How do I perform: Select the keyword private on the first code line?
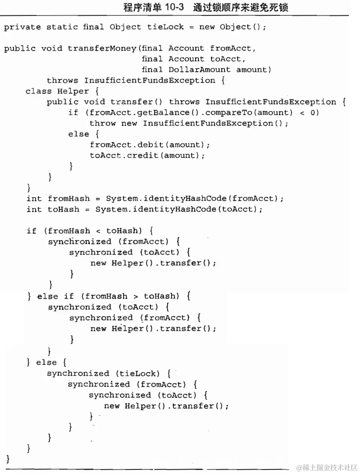tap(23, 27)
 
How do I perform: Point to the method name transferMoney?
tap(102, 48)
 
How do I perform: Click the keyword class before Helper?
tap(38, 91)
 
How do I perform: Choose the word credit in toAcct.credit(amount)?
tap(142, 156)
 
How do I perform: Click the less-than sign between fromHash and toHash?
tap(99, 231)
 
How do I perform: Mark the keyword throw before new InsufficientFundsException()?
tap(102, 123)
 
